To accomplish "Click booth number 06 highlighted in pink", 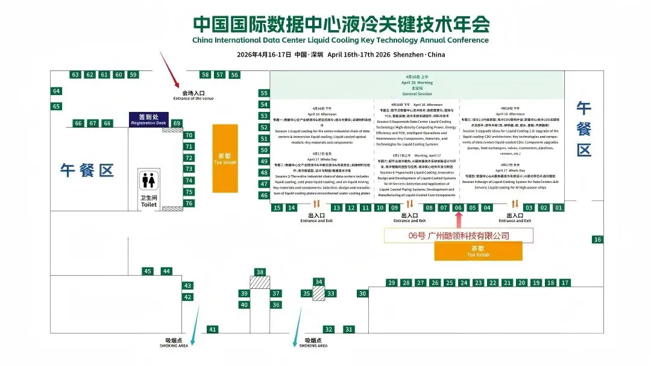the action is point(458,208).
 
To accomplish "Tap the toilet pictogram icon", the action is point(148,180).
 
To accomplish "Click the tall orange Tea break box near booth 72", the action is point(225,158).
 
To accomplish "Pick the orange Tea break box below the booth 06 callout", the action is point(478,251).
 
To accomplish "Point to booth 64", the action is point(57,91).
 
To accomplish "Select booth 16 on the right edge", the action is point(597,240).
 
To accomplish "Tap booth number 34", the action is point(319,282).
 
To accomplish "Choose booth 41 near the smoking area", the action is point(212,329).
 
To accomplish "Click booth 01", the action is point(559,208).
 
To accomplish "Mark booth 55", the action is point(264,93).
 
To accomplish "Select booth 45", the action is point(148,271).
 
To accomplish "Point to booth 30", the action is point(362,294).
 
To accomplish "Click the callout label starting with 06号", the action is point(459,235).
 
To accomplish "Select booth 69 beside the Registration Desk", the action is point(177,123).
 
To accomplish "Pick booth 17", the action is point(565,282).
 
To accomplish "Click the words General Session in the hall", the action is point(417,94).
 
